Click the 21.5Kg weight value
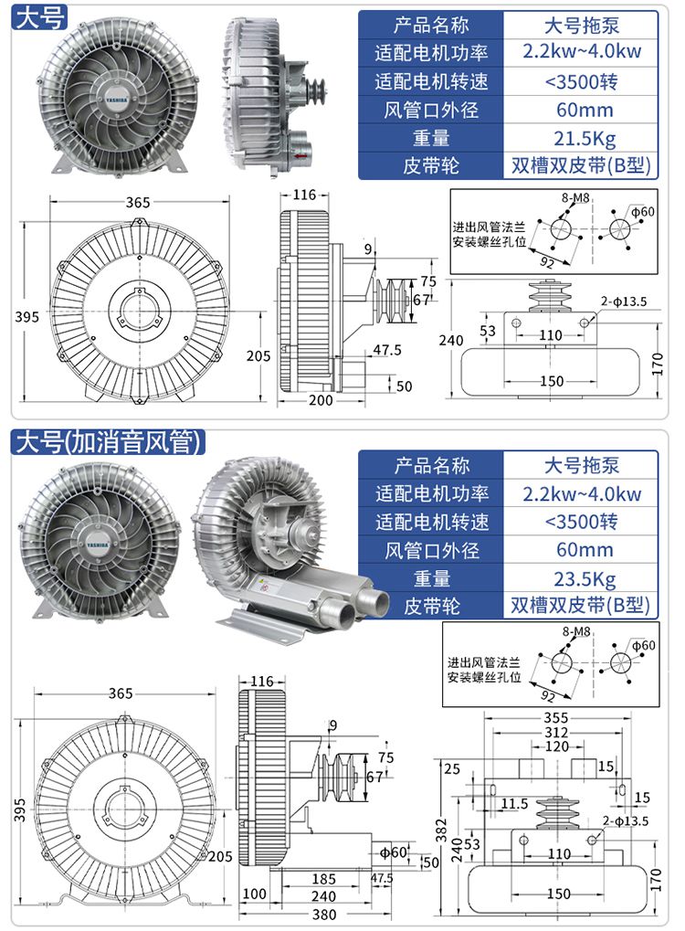click(581, 139)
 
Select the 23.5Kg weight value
click(581, 578)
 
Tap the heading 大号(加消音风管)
click(107, 443)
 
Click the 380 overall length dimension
click(323, 915)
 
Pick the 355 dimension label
click(554, 718)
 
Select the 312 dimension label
click(554, 733)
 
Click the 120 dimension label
click(554, 746)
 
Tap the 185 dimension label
click(323, 880)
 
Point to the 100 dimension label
click(255, 894)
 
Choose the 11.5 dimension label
click(514, 804)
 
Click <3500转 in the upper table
click(581, 81)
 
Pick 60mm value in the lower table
click(581, 550)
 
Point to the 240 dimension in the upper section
click(451, 340)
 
